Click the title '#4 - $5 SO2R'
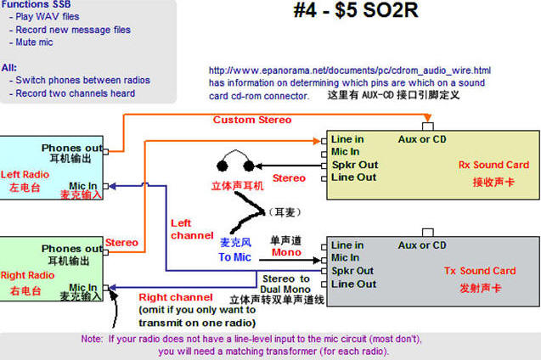tap(356, 10)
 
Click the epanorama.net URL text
tap(350, 70)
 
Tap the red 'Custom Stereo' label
tap(252, 120)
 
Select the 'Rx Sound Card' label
tap(493, 165)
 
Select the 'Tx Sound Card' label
tap(480, 271)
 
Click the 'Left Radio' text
tap(25, 175)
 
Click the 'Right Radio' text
tap(27, 275)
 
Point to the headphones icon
tap(235, 161)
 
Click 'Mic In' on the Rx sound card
tap(345, 152)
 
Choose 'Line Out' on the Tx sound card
tap(353, 284)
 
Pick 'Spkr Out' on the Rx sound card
tap(355, 165)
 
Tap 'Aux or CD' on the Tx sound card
tap(422, 245)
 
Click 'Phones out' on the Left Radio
tap(72, 148)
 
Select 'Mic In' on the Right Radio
tap(83, 287)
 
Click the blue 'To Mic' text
tap(234, 257)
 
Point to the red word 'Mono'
tap(286, 252)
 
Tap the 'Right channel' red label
tap(176, 297)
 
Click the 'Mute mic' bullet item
tap(31, 42)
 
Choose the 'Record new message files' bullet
tap(70, 30)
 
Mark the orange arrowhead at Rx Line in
tap(317, 141)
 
